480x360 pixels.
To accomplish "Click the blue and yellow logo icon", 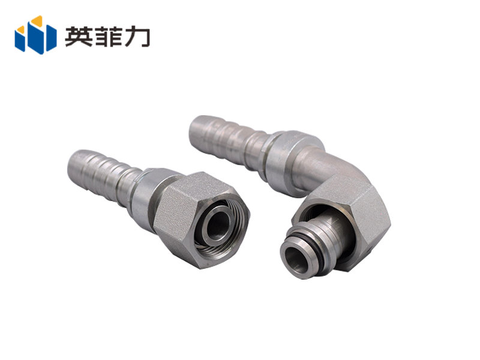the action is pos(35,35).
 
